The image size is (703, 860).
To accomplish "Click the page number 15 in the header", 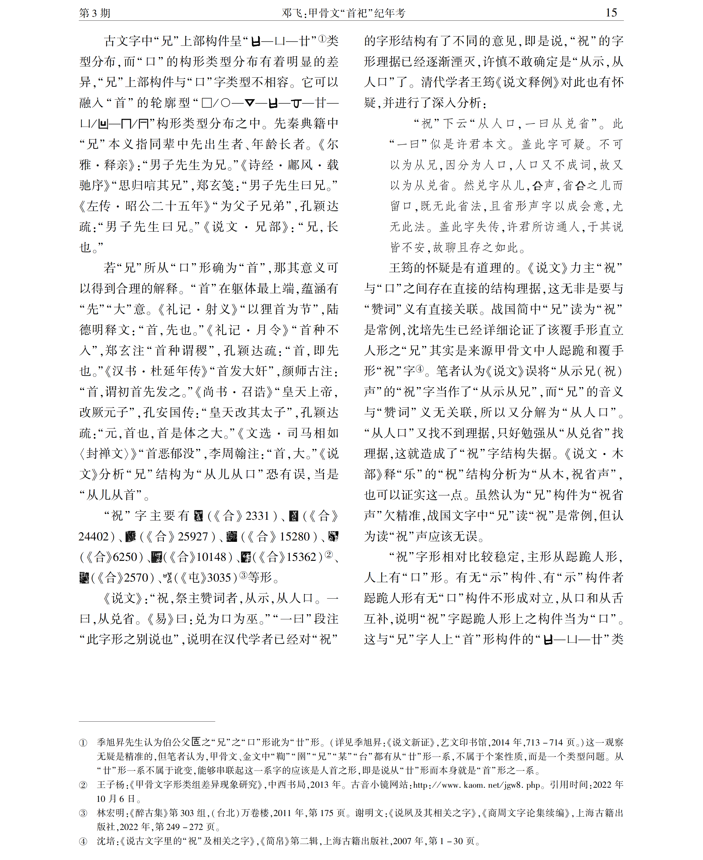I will point(611,12).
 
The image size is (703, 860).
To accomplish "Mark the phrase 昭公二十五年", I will point(164,206).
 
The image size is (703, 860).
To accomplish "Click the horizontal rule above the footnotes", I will point(147,721).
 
